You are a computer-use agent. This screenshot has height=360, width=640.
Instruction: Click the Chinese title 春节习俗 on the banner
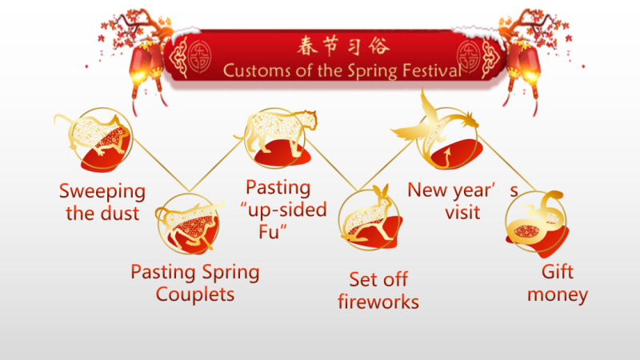click(343, 46)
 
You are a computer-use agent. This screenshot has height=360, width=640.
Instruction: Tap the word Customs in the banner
click(257, 70)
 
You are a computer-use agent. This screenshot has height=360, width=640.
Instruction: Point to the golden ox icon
click(190, 224)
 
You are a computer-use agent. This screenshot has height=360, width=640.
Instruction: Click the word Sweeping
click(102, 191)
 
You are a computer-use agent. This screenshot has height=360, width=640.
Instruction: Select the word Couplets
click(195, 294)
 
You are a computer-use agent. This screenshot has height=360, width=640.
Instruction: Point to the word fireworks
click(378, 302)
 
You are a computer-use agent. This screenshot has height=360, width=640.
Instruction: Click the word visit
click(462, 212)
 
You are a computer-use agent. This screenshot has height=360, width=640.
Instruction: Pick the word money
click(558, 295)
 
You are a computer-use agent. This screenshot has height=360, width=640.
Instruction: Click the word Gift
click(558, 272)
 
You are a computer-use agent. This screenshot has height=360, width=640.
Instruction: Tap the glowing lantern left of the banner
click(140, 66)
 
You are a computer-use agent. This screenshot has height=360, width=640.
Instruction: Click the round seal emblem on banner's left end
click(199, 56)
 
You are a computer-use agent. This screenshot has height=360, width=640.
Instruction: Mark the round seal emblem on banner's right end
click(469, 56)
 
